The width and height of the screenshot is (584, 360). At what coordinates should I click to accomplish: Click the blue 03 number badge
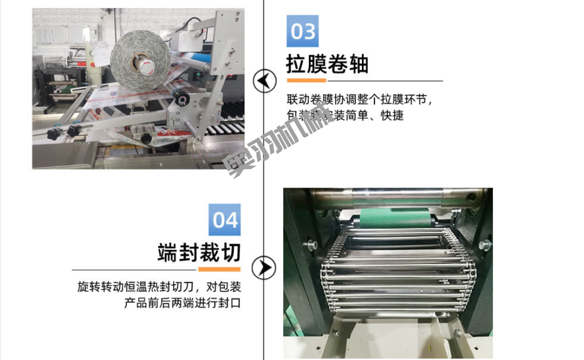point(303,31)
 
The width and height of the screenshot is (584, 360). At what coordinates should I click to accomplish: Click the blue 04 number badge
point(224,220)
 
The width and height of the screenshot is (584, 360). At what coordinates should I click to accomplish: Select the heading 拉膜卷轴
point(327,64)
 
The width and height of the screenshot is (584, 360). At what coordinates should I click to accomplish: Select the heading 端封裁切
point(199,253)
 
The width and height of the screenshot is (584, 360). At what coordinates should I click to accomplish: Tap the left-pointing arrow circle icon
point(265,81)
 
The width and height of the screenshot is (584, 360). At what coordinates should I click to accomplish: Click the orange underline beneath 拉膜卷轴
point(306,80)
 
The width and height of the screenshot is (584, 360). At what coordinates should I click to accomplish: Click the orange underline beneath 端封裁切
point(219,269)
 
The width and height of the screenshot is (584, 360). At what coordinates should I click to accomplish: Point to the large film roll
point(139,59)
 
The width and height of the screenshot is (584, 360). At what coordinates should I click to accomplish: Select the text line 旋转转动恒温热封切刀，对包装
point(159,286)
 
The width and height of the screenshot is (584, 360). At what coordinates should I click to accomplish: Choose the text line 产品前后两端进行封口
point(182,303)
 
